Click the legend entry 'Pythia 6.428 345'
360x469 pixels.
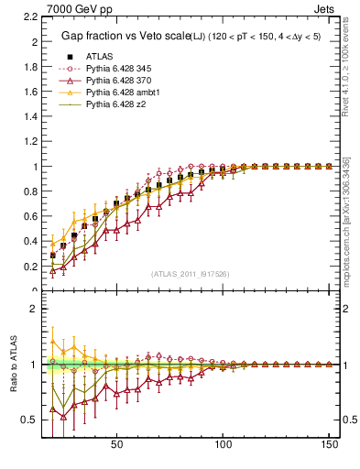[115, 68]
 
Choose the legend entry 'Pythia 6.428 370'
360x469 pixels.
[115, 81]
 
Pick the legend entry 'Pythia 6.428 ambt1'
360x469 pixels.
[119, 93]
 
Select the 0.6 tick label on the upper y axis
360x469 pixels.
[30, 217]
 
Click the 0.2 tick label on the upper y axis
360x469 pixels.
[30, 267]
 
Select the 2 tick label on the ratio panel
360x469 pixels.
[34, 308]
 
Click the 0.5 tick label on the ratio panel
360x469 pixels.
[30, 420]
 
